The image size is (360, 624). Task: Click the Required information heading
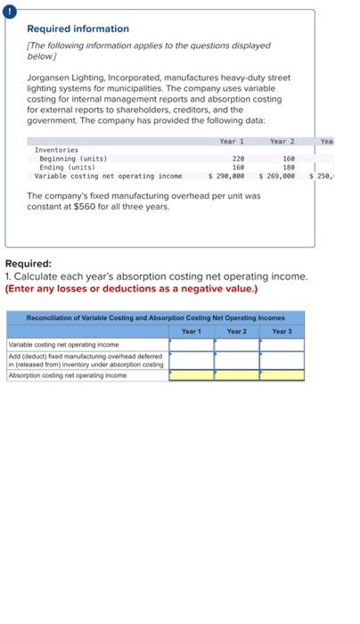pyautogui.click(x=78, y=29)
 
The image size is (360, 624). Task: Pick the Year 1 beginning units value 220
pyautogui.click(x=238, y=159)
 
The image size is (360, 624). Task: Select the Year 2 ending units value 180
pyautogui.click(x=288, y=167)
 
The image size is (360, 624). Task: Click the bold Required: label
pyautogui.click(x=29, y=265)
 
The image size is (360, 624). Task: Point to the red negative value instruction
pyautogui.click(x=131, y=288)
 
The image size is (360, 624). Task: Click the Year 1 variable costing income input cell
pyautogui.click(x=192, y=343)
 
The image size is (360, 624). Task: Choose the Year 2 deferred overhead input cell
pyautogui.click(x=236, y=359)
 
